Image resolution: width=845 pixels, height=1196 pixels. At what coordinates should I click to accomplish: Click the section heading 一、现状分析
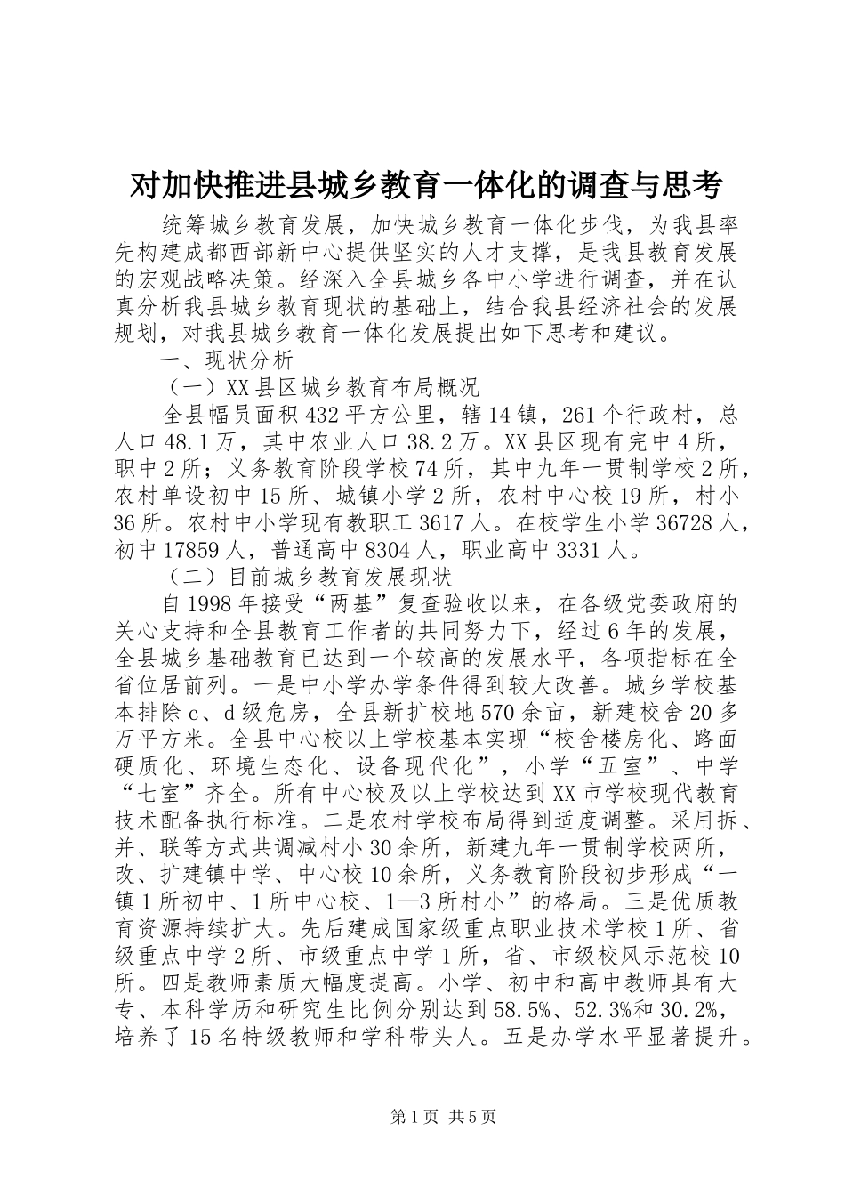(226, 360)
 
